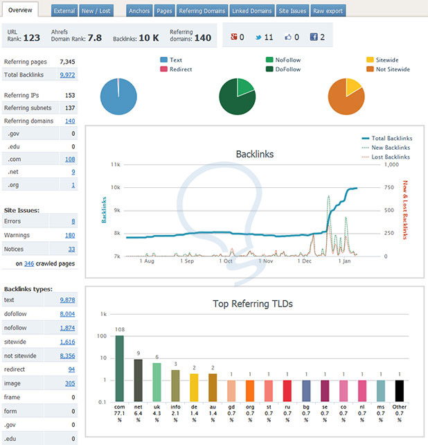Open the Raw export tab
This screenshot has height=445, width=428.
coord(327,11)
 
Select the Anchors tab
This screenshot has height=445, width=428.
coord(139,11)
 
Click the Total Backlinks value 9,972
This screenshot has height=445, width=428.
coord(67,74)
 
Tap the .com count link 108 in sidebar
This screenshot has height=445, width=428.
coord(69,159)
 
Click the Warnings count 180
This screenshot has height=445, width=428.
coord(69,235)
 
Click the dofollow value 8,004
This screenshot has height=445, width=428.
coord(67,313)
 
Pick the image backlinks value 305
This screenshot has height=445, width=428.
coord(69,383)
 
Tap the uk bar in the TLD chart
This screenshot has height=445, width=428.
coord(157,382)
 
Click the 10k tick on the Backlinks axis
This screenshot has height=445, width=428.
coord(116,187)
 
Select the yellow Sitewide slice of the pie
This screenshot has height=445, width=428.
coord(353,87)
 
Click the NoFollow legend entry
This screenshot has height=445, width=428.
coord(283,60)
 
